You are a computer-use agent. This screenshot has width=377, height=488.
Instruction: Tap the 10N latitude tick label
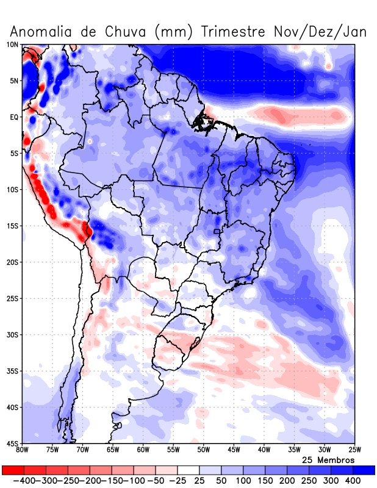(x=12, y=45)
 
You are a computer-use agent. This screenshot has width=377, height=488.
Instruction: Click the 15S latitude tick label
(x=12, y=226)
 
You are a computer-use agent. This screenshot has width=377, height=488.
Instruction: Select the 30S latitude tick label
(x=12, y=335)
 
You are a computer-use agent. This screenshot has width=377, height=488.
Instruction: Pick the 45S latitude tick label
(x=12, y=443)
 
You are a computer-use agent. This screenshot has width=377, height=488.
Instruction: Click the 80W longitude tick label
(x=23, y=450)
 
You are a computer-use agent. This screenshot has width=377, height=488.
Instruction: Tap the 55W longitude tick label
(x=174, y=450)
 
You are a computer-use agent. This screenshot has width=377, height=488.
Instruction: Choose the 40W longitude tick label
(x=264, y=450)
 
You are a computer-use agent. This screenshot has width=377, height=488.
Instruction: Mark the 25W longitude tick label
(x=354, y=450)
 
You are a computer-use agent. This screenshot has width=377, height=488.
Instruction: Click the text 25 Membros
(x=328, y=459)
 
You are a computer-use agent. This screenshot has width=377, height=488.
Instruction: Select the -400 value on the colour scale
(x=24, y=481)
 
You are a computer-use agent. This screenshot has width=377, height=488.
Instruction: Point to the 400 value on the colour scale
(x=353, y=481)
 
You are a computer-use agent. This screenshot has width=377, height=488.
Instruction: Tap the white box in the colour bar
(x=188, y=470)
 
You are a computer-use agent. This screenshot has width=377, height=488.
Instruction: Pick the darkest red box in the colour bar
(x=12, y=470)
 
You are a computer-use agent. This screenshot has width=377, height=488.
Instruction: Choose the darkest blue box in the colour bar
(x=364, y=470)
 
